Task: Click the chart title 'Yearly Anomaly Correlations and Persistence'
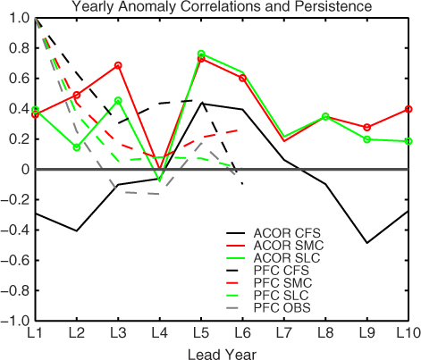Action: click(222, 6)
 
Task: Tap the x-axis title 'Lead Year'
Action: click(222, 354)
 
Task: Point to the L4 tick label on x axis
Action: click(160, 333)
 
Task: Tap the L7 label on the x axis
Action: click(284, 333)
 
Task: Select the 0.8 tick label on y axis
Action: click(20, 48)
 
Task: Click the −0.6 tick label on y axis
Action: click(15, 260)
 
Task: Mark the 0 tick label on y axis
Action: click(25, 170)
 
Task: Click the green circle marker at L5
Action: click(201, 54)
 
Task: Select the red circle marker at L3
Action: click(118, 65)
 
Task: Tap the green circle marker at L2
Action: click(77, 147)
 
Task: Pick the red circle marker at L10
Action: click(408, 109)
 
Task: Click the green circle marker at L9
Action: click(367, 139)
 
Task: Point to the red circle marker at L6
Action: click(242, 78)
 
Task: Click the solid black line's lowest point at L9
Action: click(367, 243)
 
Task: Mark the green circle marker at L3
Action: click(118, 101)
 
